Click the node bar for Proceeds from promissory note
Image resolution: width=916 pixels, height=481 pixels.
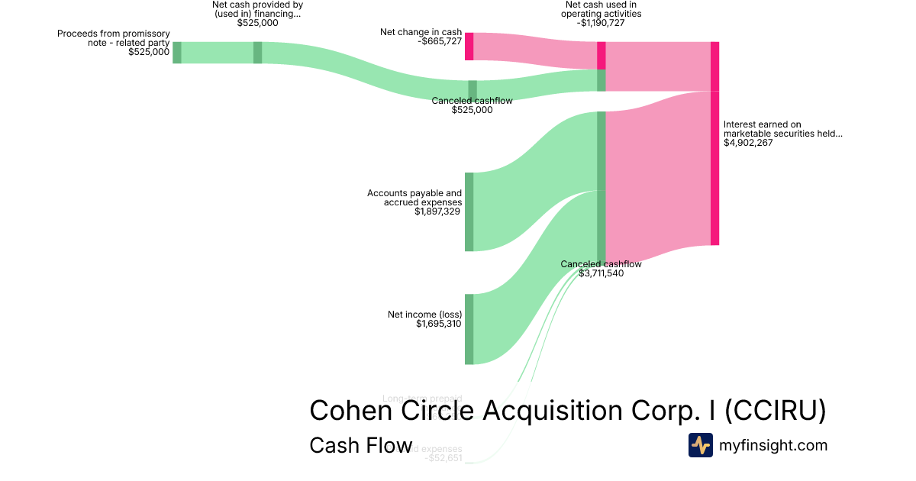point(176,53)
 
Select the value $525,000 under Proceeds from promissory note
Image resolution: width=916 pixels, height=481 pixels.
point(149,53)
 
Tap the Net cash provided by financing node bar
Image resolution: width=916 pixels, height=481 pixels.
point(257,53)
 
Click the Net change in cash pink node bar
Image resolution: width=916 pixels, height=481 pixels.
point(469,47)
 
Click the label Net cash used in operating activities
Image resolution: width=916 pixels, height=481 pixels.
point(601,9)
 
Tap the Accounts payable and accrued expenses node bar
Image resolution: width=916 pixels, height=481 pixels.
point(469,211)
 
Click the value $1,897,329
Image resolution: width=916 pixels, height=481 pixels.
point(438,211)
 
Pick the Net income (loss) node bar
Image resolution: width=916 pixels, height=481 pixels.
point(469,329)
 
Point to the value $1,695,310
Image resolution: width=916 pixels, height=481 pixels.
point(439,324)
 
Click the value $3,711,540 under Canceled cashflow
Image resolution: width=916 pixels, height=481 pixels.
point(601,273)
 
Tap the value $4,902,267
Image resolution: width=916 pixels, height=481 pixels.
point(748,143)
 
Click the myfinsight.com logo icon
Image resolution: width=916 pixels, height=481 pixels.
point(700,445)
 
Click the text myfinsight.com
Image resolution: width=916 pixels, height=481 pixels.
point(773,445)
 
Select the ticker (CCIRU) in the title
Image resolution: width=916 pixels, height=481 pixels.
point(775,410)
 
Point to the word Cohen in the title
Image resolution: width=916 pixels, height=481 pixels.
point(345,410)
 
